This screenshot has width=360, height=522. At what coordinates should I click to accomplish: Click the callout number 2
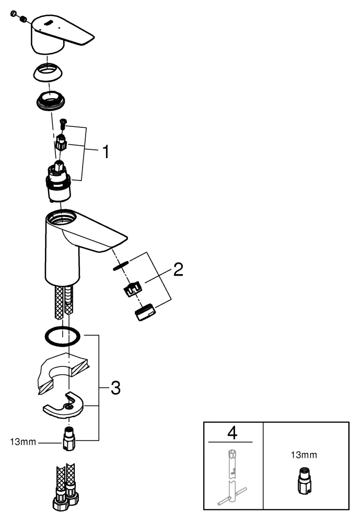click(x=178, y=270)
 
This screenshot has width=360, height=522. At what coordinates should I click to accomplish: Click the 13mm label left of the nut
click(x=22, y=442)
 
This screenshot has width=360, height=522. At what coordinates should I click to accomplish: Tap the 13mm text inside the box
click(x=304, y=455)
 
